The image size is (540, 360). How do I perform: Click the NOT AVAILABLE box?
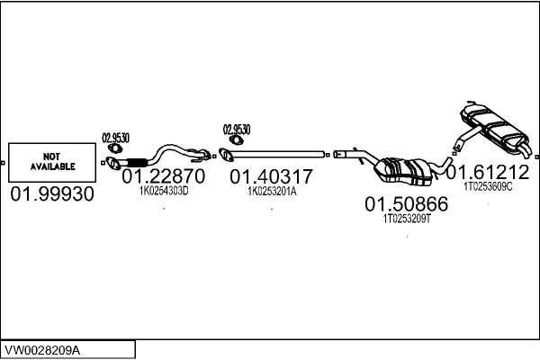click(52, 162)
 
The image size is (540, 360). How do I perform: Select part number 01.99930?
click(52, 193)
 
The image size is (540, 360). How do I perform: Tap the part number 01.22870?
click(164, 176)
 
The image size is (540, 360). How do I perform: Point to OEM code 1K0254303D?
click(164, 191)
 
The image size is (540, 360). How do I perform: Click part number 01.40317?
click(272, 176)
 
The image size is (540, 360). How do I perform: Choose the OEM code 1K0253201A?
click(272, 191)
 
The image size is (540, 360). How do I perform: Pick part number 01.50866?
click(407, 204)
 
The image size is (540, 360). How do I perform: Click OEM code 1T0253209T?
click(407, 219)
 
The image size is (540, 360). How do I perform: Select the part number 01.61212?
click(488, 172)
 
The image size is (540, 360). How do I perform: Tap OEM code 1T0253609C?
click(488, 186)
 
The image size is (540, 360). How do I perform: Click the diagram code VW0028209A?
click(42, 350)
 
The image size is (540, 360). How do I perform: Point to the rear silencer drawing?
click(492, 130)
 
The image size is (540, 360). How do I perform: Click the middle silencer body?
click(405, 170)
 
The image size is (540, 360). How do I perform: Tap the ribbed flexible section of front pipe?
click(137, 163)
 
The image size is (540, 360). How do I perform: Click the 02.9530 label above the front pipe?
click(115, 138)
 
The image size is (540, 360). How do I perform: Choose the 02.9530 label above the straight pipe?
click(237, 130)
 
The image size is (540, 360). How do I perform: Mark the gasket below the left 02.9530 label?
click(114, 148)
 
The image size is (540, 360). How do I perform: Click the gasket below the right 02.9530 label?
click(236, 140)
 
